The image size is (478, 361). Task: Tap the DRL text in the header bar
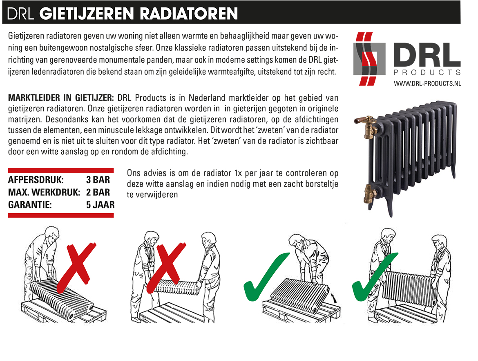pyautogui.click(x=20, y=14)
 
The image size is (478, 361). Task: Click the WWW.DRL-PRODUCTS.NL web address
pyautogui.click(x=427, y=83)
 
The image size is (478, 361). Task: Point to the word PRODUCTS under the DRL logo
pyautogui.click(x=427, y=72)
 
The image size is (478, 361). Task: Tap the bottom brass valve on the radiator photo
pyautogui.click(x=369, y=193)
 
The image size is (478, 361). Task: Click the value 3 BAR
pyautogui.click(x=98, y=180)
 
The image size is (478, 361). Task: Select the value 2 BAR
pyautogui.click(x=98, y=192)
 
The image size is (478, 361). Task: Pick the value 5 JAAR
pyautogui.click(x=100, y=205)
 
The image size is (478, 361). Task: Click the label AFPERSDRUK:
pyautogui.click(x=36, y=180)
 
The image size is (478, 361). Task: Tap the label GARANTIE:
pyautogui.click(x=30, y=205)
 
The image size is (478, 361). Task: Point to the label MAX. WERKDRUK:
pyautogui.click(x=44, y=192)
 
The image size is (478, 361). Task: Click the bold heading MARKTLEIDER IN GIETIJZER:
pyautogui.click(x=61, y=98)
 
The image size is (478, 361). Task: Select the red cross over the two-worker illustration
pyautogui.click(x=167, y=268)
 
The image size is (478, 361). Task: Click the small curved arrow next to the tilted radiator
pyautogui.click(x=334, y=298)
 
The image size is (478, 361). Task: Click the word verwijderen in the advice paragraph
pyautogui.click(x=152, y=194)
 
